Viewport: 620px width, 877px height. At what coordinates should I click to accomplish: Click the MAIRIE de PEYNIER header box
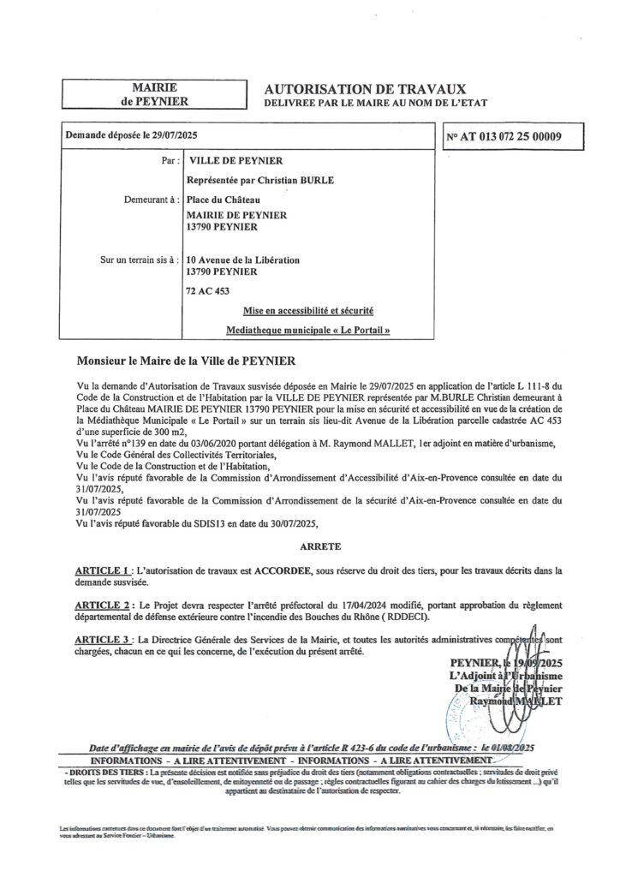coord(155,94)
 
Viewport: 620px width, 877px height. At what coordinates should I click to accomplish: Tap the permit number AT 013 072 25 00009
coord(515,136)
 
